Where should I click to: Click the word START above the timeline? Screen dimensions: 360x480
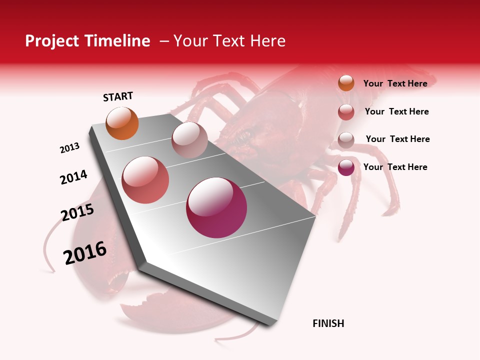point(118,96)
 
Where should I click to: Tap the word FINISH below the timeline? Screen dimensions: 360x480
point(328,323)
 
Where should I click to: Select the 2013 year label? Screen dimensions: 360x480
point(69,148)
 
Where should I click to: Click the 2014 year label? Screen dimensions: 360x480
point(73,177)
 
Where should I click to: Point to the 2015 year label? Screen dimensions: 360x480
point(77,212)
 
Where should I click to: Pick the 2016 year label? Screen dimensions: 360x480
point(85,252)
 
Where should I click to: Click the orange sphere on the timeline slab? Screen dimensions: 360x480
point(122,123)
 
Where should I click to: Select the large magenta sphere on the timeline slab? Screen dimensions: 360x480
point(216,207)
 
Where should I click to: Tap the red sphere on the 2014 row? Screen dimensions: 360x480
point(145,180)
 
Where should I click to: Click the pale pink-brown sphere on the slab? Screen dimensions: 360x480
point(189,140)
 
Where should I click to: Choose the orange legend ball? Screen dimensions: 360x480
point(346,83)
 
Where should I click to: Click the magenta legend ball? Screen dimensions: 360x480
point(346,167)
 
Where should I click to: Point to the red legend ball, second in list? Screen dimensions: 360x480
point(346,112)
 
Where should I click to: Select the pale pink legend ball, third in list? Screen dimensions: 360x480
point(346,140)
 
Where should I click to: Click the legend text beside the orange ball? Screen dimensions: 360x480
point(395,83)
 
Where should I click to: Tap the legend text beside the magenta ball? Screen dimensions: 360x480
point(395,167)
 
